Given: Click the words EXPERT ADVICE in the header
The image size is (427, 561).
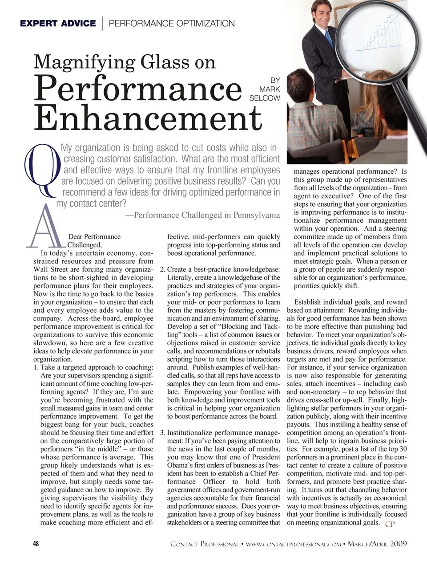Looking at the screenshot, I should tap(58, 23).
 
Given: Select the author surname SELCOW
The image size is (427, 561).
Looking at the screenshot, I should tap(265, 98).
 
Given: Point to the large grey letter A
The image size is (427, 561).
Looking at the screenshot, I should tap(46, 227).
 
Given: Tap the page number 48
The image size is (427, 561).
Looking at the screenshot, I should tap(36, 544).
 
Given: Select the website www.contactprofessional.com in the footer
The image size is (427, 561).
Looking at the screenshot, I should tap(293, 544).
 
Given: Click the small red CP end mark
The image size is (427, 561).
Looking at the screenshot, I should tap(390, 524).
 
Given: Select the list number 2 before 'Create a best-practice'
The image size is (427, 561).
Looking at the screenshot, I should tap(162, 269).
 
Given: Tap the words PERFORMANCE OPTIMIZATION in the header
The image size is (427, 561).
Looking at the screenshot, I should tap(172, 23).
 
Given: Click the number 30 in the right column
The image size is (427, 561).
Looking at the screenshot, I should tap(403, 449).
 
